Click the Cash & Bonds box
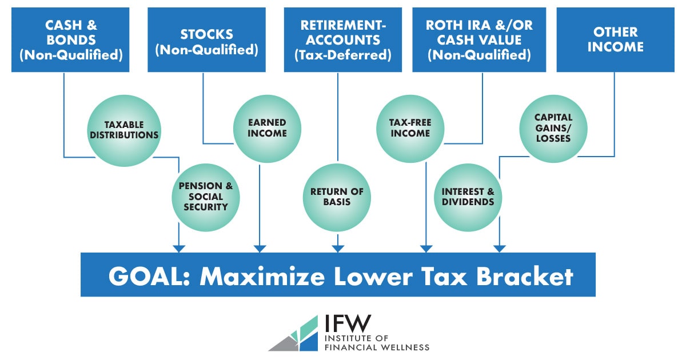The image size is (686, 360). point(70,39)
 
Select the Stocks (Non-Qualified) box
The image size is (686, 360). point(206,39)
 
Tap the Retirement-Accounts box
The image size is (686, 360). point(343,39)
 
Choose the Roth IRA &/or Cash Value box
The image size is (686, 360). point(478,39)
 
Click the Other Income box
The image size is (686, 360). point(615,39)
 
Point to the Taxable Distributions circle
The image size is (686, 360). point(123,130)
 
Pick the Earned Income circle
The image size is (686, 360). point(267,129)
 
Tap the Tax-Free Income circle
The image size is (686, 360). point(410,129)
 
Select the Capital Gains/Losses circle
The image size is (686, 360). point(553,129)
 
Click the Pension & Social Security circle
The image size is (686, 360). point(206,197)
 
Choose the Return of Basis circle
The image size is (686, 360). point(337,197)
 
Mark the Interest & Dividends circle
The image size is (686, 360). point(468,197)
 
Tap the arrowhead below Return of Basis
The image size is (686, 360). point(337,248)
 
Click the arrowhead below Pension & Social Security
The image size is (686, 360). point(179,248)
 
